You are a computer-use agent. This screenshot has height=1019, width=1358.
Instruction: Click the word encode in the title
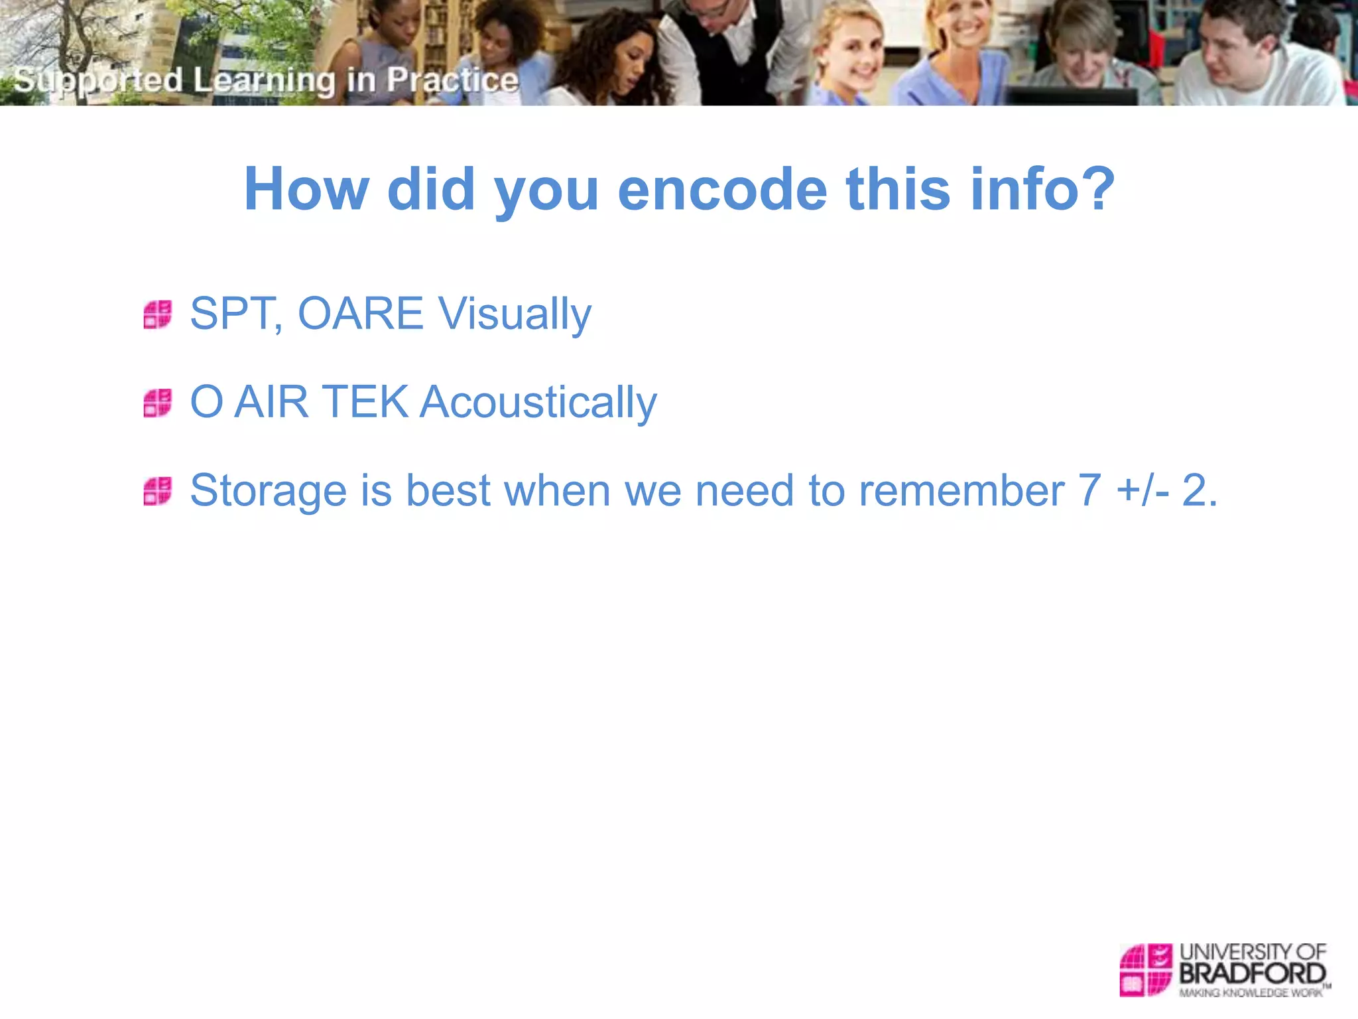point(722,190)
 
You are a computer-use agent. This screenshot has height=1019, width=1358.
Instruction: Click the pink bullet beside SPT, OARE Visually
point(158,314)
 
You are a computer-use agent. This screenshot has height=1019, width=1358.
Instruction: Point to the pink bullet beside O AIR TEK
point(158,403)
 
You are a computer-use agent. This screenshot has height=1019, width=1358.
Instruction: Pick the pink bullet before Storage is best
point(158,491)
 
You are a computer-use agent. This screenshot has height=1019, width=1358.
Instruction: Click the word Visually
point(515,314)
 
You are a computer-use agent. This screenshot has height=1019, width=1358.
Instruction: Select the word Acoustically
point(538,403)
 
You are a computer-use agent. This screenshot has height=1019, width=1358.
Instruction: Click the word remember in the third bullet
point(961,490)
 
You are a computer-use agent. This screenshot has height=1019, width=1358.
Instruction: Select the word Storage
point(268,491)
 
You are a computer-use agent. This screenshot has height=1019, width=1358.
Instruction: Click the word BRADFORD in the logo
point(1252,973)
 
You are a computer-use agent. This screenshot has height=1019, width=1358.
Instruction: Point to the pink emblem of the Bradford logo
point(1145,969)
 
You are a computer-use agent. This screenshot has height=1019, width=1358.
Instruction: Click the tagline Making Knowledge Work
point(1250,992)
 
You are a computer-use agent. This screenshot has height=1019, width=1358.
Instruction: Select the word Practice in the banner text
point(452,80)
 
